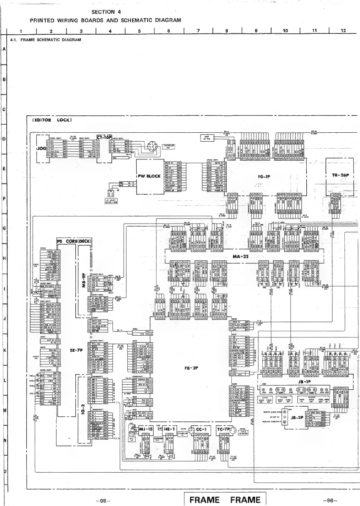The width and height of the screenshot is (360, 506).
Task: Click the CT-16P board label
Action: pos(104,137)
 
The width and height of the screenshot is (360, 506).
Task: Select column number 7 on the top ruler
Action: pos(198,30)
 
